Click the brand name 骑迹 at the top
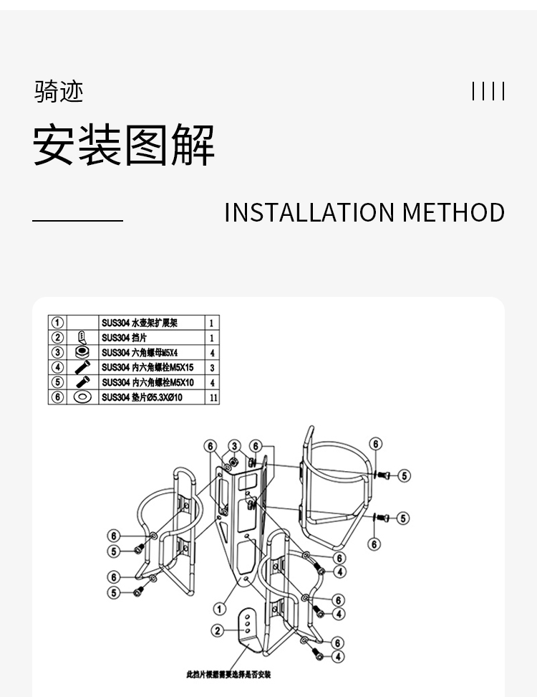coord(59,92)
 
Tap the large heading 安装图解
coord(124,146)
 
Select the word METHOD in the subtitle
coord(453,213)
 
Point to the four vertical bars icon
coord(488,92)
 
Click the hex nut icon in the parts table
coord(82,352)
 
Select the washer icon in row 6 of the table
coord(82,397)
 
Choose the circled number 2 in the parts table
coord(57,337)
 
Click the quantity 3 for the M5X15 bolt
coord(213,367)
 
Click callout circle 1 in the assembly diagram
coord(221,609)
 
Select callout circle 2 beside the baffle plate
coord(218,631)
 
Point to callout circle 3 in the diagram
coord(234,446)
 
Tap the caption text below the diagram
coord(228,674)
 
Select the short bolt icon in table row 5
coord(82,381)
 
